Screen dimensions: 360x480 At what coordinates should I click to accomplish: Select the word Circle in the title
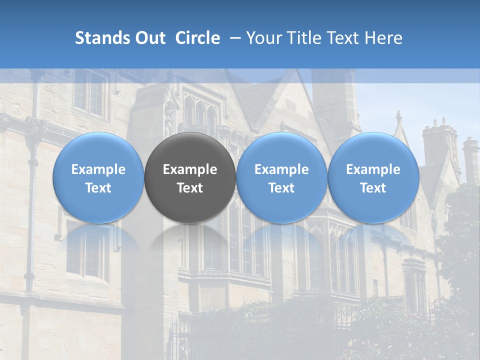(x=197, y=38)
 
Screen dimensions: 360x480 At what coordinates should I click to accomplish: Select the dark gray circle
(x=190, y=178)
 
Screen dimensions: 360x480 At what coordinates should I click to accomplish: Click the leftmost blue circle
(x=98, y=178)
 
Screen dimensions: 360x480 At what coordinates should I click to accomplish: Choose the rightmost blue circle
(x=373, y=178)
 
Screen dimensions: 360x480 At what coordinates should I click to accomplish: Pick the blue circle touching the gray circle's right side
(x=281, y=178)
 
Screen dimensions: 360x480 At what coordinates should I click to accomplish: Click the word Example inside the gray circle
(x=190, y=169)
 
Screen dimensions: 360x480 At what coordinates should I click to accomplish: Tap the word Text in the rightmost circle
(x=373, y=188)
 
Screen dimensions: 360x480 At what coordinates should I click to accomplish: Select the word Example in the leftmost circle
(x=98, y=169)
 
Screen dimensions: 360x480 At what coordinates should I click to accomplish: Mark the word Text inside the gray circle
(x=190, y=188)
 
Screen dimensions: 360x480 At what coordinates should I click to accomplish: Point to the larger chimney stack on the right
(x=440, y=145)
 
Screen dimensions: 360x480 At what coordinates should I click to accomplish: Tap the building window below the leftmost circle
(x=87, y=252)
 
